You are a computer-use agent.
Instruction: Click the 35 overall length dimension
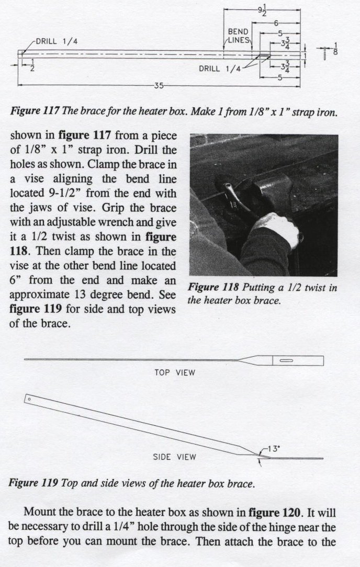pos(159,86)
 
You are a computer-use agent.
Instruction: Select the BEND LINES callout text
pos(240,36)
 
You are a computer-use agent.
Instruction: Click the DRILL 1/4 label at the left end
pos(56,41)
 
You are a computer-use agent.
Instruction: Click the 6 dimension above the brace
pos(275,24)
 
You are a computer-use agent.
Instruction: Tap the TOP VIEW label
pos(175,373)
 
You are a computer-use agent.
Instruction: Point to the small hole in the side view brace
pos(29,400)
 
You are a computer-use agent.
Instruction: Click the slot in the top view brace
pos(287,361)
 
